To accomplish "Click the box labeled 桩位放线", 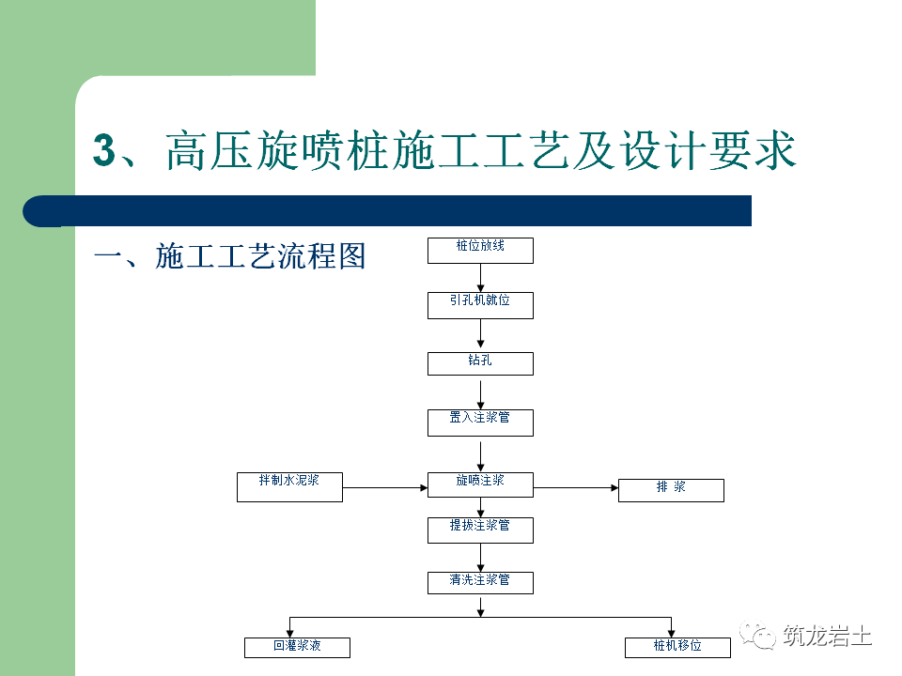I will (480, 250).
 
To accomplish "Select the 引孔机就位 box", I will (480, 304).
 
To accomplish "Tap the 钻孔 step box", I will (480, 363).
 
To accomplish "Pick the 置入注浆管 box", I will (480, 422).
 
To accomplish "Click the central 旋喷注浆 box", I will (480, 484).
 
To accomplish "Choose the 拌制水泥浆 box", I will (289, 486).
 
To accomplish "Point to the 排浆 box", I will (671, 490).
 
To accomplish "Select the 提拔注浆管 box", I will (480, 530).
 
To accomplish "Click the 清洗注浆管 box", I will (480, 582).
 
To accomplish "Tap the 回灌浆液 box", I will (297, 647).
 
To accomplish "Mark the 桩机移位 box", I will (677, 647).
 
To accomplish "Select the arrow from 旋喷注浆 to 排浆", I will (575, 487).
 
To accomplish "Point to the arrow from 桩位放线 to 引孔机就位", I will (480, 277).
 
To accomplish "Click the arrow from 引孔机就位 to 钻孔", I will (480, 333).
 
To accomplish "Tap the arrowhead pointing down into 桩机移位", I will (672, 632).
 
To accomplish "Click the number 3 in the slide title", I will (103, 150).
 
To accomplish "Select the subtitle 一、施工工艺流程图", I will (229, 255).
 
